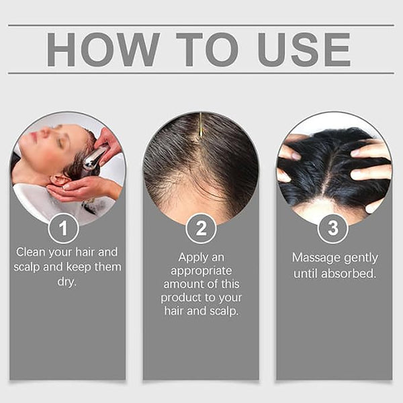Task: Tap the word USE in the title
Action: pyautogui.click(x=304, y=49)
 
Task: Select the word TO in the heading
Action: pyautogui.click(x=208, y=49)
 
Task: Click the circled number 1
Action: pyautogui.click(x=64, y=228)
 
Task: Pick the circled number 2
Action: pyautogui.click(x=201, y=228)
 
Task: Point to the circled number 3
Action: pyautogui.click(x=333, y=228)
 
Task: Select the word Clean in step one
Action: pyautogui.click(x=31, y=252)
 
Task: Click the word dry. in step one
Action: pyautogui.click(x=66, y=282)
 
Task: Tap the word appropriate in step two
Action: pyautogui.click(x=201, y=271)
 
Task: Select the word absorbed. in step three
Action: pyautogui.click(x=349, y=274)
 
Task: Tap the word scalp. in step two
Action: pyautogui.click(x=224, y=311)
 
